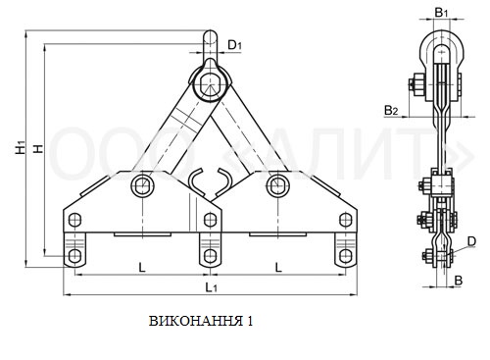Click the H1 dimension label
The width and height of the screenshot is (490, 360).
click(x=21, y=147)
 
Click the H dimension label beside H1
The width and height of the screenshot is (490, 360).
click(x=38, y=148)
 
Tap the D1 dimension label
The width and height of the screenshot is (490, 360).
click(x=234, y=45)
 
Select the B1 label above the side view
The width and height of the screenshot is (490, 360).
click(x=441, y=13)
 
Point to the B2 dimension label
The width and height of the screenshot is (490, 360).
click(x=391, y=111)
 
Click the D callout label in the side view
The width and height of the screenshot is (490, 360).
click(x=471, y=241)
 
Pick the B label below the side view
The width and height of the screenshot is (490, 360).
click(x=459, y=281)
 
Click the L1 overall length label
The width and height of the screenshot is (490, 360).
click(x=211, y=287)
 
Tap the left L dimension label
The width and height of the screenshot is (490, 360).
click(x=142, y=268)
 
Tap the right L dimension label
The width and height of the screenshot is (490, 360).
click(x=278, y=268)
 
